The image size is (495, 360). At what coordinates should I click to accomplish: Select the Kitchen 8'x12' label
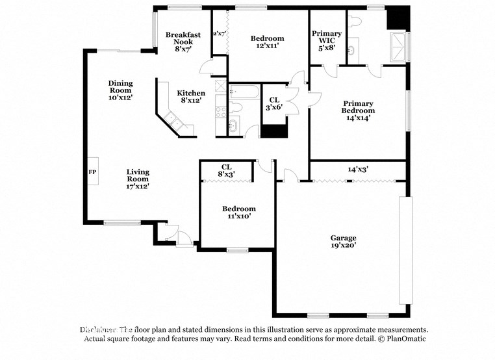click(x=192, y=97)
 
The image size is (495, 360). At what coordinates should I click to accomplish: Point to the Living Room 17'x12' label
click(x=138, y=179)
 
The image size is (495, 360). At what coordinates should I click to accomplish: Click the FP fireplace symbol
click(x=92, y=172)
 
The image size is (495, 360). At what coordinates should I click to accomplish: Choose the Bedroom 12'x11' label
click(x=268, y=42)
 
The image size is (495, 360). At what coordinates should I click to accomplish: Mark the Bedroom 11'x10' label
click(x=239, y=212)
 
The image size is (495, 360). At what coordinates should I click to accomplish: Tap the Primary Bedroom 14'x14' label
click(x=359, y=110)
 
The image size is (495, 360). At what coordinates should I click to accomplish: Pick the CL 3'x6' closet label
click(x=274, y=103)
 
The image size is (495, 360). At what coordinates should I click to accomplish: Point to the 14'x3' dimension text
click(x=358, y=169)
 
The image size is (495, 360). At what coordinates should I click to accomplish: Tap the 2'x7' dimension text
click(x=220, y=33)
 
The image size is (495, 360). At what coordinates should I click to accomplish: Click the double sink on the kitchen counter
click(x=174, y=120)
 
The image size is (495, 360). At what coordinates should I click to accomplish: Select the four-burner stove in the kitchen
click(x=220, y=111)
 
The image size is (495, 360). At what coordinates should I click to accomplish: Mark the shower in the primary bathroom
click(x=400, y=46)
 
